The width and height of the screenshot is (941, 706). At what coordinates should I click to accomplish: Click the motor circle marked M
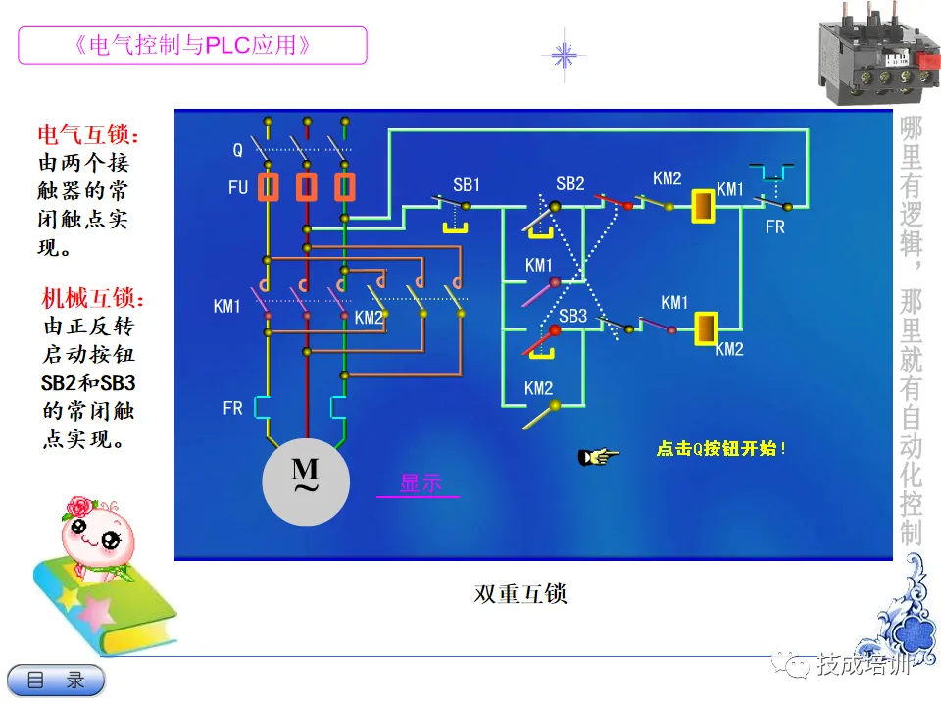point(306,482)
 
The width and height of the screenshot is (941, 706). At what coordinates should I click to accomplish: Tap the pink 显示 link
point(421,483)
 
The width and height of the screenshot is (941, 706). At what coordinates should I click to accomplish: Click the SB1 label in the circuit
point(467,185)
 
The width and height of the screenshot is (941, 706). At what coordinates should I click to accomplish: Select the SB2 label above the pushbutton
point(570,183)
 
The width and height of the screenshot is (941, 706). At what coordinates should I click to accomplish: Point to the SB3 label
point(573,316)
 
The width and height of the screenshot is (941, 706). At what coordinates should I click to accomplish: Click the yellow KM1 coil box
point(704,207)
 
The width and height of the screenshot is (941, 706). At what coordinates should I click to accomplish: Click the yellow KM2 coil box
point(707,329)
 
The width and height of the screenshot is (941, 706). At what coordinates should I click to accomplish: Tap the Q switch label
point(237,150)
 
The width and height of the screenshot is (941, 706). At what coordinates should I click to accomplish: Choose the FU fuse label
point(238,188)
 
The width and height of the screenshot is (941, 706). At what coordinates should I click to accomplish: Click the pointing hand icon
point(598,457)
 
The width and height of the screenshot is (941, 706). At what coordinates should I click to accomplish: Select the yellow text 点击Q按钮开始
point(720,448)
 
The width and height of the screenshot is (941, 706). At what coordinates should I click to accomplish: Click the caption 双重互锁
point(520,594)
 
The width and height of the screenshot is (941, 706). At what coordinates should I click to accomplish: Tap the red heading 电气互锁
point(88,134)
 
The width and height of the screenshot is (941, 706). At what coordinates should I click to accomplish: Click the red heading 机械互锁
point(92,298)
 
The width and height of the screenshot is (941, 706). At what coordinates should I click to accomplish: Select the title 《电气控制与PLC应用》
point(192,45)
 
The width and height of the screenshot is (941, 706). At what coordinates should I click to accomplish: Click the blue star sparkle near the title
point(564,56)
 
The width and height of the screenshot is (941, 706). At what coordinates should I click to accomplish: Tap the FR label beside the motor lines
point(233,408)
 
